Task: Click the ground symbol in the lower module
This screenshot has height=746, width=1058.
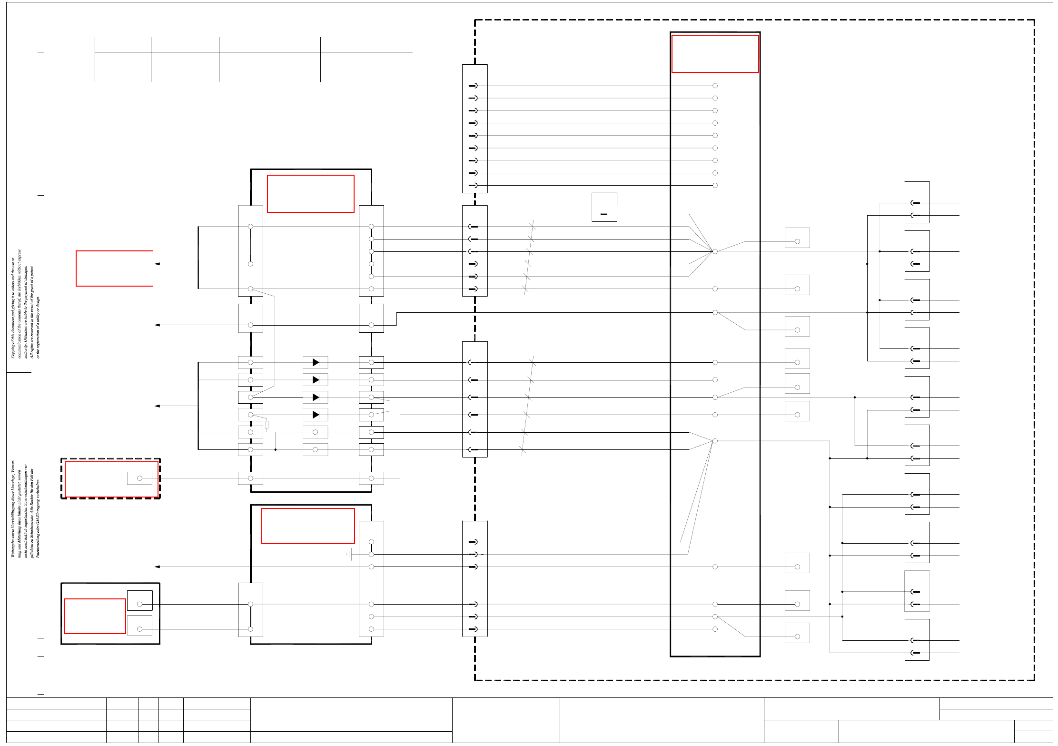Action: click(350, 554)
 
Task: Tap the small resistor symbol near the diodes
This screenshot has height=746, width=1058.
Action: click(267, 425)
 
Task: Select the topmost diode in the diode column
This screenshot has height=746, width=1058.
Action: click(316, 362)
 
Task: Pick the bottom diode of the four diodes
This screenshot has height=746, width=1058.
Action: click(316, 415)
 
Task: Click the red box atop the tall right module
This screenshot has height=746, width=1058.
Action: click(715, 54)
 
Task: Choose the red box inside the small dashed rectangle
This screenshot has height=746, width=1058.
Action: click(111, 479)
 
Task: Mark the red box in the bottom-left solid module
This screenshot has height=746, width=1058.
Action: click(95, 616)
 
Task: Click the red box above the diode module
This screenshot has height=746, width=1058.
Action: click(311, 194)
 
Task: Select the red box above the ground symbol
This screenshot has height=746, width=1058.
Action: click(308, 526)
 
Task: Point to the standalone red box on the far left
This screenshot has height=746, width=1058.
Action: click(114, 269)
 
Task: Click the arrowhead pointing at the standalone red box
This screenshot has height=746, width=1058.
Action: click(157, 264)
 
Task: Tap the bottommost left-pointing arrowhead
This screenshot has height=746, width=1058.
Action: click(157, 567)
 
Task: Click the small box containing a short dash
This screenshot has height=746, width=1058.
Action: click(604, 207)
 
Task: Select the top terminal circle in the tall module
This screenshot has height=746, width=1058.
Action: click(715, 86)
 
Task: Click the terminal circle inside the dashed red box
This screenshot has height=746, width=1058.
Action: click(139, 478)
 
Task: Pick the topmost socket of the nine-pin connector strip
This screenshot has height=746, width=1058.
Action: click(473, 86)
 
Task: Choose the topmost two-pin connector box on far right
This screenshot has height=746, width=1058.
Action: click(917, 202)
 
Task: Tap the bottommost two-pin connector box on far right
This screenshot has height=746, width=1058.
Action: click(917, 639)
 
